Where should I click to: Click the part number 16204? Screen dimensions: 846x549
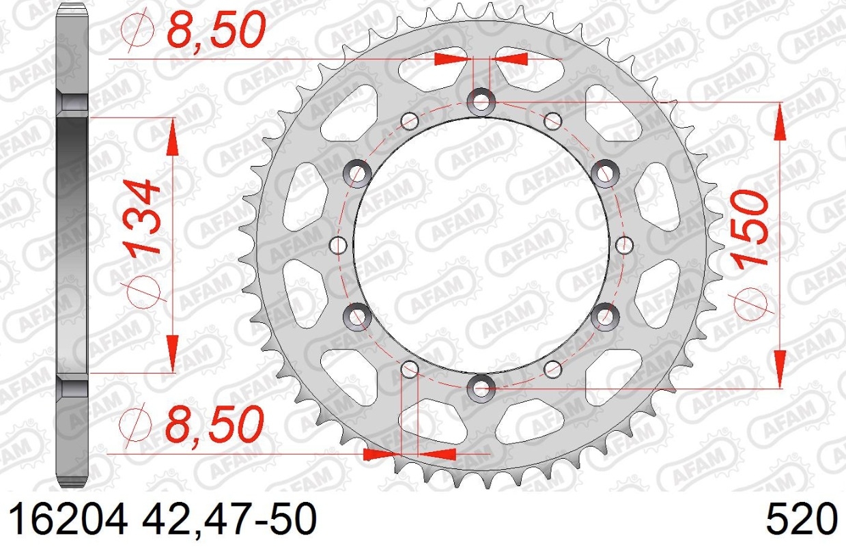69,519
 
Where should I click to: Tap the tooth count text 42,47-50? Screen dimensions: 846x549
229,519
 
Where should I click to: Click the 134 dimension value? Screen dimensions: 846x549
143,218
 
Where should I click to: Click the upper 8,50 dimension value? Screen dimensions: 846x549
216,30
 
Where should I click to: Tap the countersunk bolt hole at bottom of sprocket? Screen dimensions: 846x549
481,388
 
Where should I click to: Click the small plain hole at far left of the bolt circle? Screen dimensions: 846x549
338,245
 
